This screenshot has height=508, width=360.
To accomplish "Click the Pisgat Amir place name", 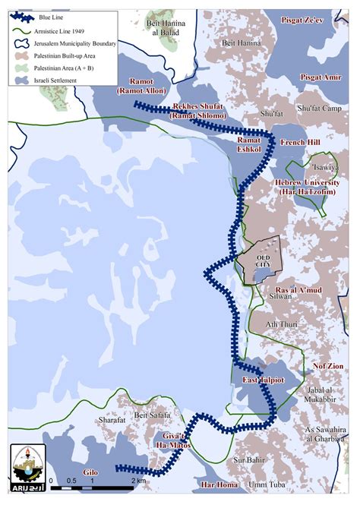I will pyautogui.click(x=321, y=77).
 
